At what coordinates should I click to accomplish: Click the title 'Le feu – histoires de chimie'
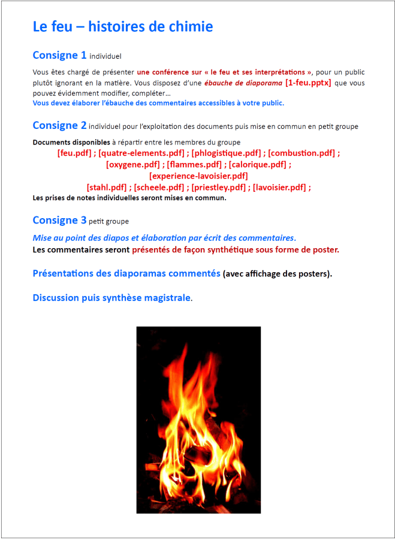coord(122,26)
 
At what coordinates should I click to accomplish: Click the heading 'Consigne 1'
coord(59,55)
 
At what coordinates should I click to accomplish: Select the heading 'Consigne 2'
coord(59,125)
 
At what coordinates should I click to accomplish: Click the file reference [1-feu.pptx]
coord(308,83)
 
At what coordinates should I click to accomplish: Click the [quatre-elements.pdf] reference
coord(141,153)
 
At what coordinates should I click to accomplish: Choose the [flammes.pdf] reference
coord(195,164)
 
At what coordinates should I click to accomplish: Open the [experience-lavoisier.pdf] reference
coord(198,176)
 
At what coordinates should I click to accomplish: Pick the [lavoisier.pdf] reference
coord(280,187)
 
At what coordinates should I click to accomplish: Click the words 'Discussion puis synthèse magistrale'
coord(111,297)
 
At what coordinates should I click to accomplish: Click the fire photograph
coord(198,420)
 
